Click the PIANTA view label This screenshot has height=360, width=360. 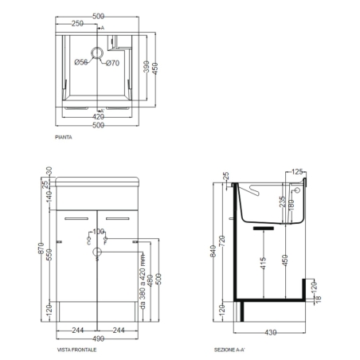pos(65,138)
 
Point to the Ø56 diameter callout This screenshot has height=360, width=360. pos(81,63)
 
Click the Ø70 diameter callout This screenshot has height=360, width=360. pos(112,63)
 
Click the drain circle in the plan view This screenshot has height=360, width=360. pos(97,55)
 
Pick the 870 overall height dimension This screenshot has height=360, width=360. pos(29,251)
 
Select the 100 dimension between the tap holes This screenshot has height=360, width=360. pos(99,231)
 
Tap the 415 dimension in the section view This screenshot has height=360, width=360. pos(263,264)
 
